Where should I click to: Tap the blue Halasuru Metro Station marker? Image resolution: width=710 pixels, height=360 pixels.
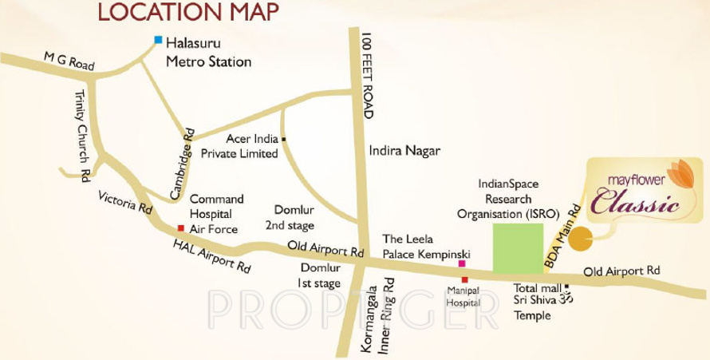pos(159,40)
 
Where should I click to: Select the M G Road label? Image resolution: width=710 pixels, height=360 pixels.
pos(70,61)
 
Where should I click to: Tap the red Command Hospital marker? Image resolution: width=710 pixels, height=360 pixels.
pos(179,229)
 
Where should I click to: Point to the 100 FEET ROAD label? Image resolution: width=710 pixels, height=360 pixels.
pos(367,76)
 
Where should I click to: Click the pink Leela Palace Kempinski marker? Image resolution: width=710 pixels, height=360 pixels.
pos(461,263)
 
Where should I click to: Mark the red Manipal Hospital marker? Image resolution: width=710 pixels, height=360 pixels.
pos(464,280)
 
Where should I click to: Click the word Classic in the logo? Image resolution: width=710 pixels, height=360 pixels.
pos(637,204)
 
